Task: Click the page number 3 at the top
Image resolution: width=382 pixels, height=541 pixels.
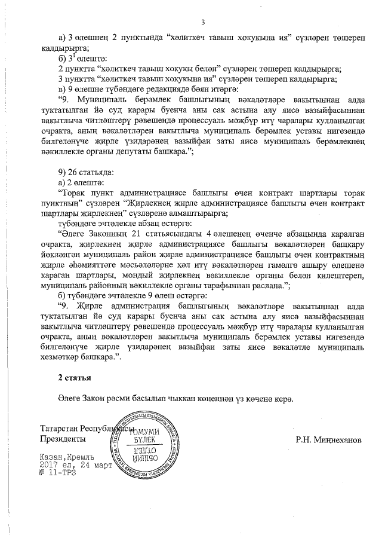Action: click(203, 23)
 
